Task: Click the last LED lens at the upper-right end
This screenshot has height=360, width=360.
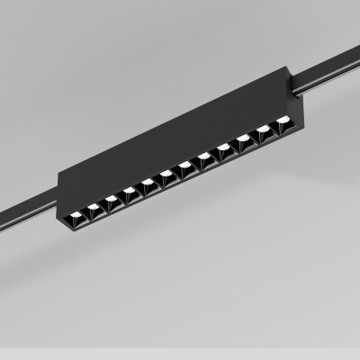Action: (283, 120)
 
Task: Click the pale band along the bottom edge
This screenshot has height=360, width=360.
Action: (180, 354)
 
